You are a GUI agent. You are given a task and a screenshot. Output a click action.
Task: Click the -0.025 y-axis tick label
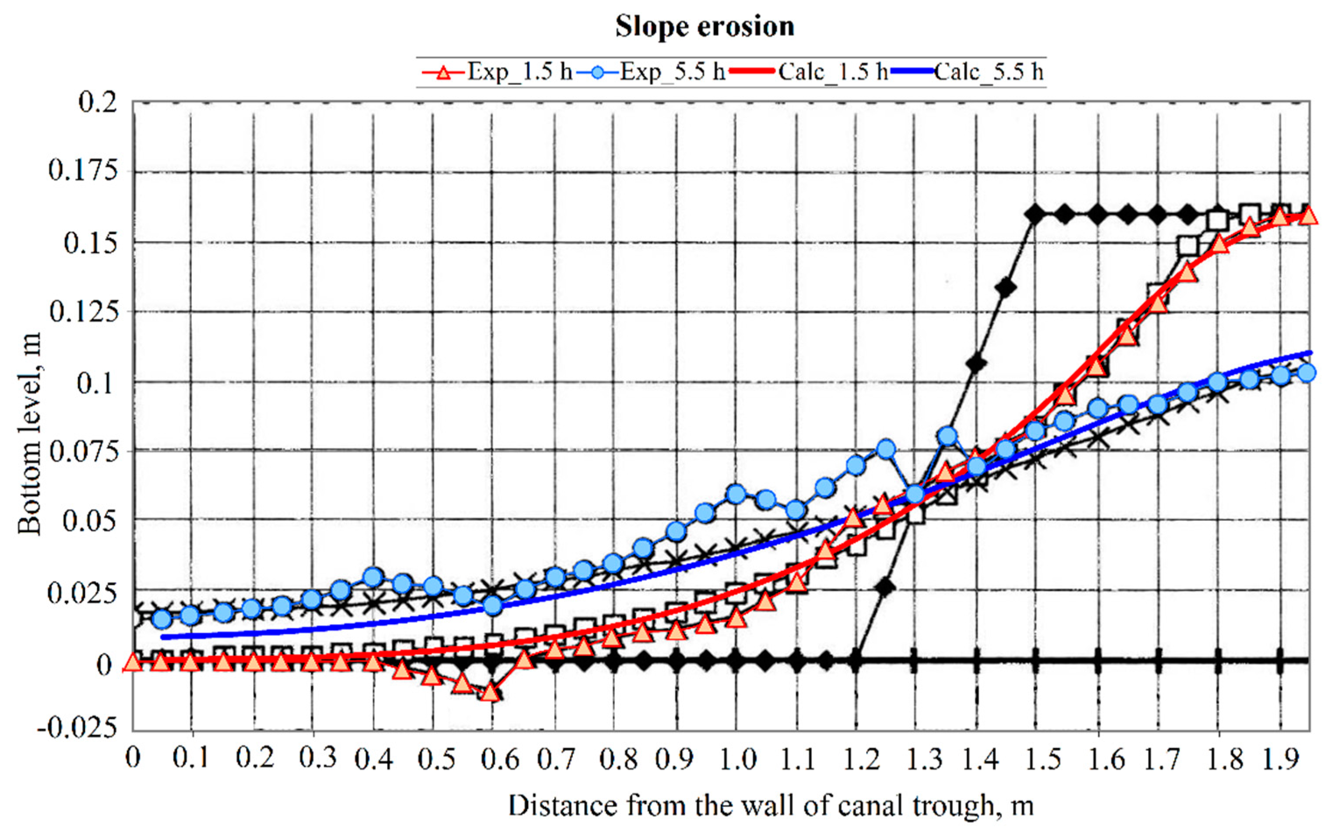coord(77,728)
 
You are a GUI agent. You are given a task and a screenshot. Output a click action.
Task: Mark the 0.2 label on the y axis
coord(98,102)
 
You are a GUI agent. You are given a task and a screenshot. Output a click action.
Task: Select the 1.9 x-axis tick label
coord(1281,759)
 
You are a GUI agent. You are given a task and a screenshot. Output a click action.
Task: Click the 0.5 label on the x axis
coord(436,759)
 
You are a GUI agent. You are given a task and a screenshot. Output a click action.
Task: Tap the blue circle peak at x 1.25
coord(886,449)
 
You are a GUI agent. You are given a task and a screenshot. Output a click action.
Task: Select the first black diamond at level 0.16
coord(1035,214)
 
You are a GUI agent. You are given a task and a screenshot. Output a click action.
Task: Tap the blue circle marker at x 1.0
coord(736,494)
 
